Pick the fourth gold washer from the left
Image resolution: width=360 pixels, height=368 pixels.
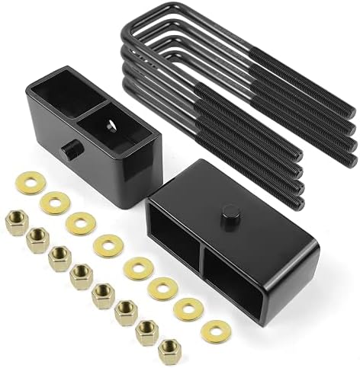tap(107, 245)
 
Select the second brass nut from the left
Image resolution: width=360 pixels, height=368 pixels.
tap(37, 242)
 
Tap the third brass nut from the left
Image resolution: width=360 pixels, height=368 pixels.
tap(59, 258)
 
